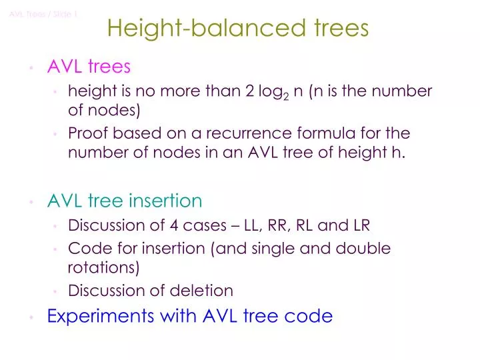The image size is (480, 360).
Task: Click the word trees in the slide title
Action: click(340, 28)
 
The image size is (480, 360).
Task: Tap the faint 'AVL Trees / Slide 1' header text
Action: click(44, 14)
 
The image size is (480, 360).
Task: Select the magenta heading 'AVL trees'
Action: click(89, 67)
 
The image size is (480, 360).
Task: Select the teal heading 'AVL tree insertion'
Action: click(124, 201)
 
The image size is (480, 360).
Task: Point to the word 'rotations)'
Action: click(103, 268)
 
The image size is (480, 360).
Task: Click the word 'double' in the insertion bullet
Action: click(367, 249)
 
